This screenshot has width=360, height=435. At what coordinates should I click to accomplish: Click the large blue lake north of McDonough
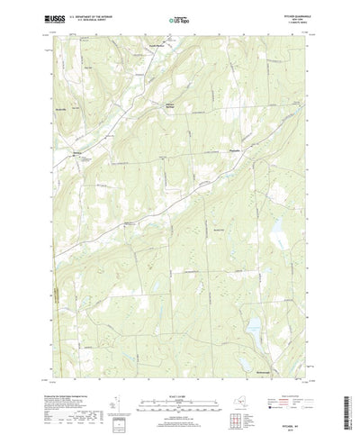pos(256,323)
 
